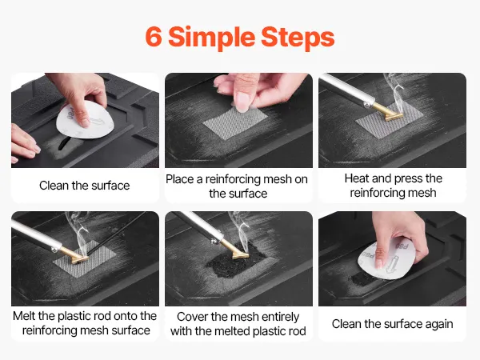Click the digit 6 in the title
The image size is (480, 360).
click(x=154, y=37)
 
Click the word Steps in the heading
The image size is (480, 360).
click(x=298, y=37)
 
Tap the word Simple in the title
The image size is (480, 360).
click(x=211, y=38)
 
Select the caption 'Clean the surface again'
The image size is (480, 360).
click(x=392, y=324)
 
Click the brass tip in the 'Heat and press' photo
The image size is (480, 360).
click(x=387, y=112)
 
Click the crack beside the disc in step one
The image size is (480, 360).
click(x=63, y=142)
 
